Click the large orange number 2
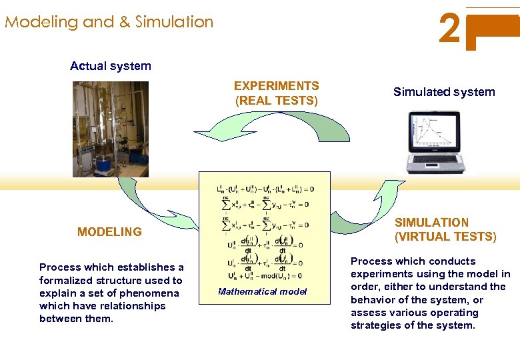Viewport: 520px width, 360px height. [x=451, y=29]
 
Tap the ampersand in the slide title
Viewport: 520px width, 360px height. [x=124, y=22]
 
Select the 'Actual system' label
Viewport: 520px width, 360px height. [x=111, y=66]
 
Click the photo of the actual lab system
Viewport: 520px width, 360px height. [x=111, y=129]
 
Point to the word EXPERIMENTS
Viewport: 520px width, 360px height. [x=276, y=86]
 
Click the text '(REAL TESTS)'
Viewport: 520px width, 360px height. [x=277, y=101]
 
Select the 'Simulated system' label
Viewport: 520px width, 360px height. [x=444, y=92]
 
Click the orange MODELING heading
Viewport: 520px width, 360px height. [x=109, y=232]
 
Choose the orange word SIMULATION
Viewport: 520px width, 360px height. [x=431, y=223]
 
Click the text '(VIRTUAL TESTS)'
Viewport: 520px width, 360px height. [x=445, y=237]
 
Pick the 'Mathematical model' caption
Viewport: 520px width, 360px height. [x=262, y=291]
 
